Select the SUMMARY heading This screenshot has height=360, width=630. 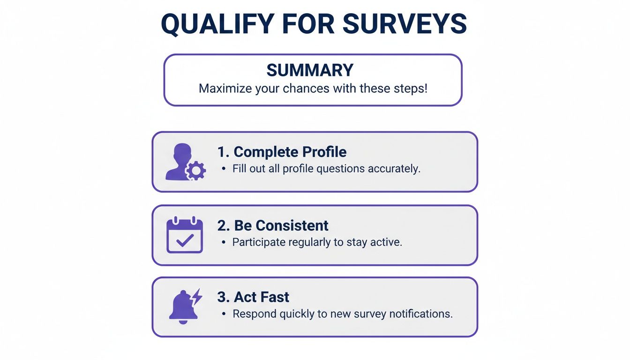(x=310, y=70)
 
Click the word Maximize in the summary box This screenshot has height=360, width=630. (x=223, y=88)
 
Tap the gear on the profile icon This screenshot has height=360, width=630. (x=195, y=172)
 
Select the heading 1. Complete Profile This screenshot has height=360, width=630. (x=282, y=152)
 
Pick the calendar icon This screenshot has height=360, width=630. (x=185, y=235)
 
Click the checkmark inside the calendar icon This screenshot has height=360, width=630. (x=185, y=240)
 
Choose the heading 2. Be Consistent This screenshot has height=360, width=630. (x=273, y=225)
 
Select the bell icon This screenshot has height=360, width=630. (x=182, y=307)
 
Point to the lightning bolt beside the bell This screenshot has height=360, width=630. (x=197, y=296)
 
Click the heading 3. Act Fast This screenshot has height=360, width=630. (x=253, y=297)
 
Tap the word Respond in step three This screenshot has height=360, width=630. (x=254, y=314)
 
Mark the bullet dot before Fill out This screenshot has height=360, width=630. (x=223, y=169)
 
